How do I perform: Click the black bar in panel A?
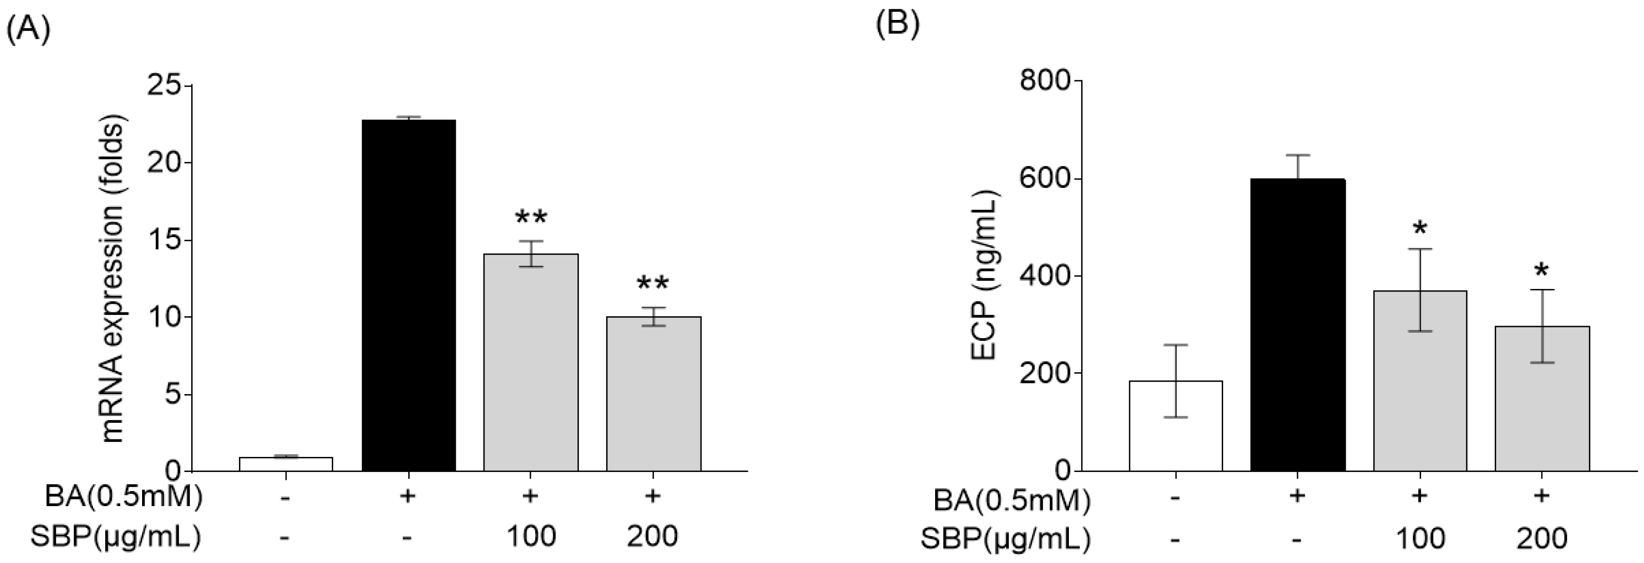click(409, 295)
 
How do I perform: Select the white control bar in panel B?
click(1175, 426)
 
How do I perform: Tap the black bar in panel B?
click(1298, 325)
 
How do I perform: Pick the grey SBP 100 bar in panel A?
click(531, 363)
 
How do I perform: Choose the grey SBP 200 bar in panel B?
click(1542, 399)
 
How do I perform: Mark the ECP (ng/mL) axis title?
click(985, 276)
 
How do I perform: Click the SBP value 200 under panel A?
click(652, 537)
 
